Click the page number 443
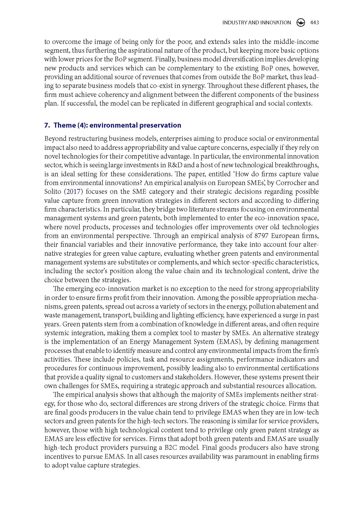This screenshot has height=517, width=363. pos(314,23)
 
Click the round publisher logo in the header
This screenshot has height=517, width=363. pos(301,23)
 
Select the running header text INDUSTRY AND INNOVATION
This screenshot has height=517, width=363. pos(256,23)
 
